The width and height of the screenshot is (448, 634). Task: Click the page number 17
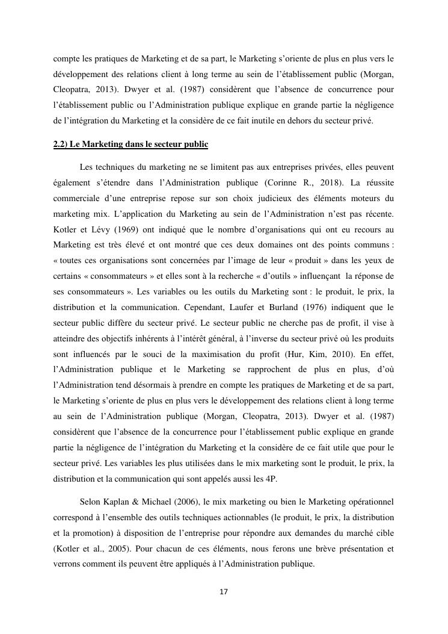pos(224,592)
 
